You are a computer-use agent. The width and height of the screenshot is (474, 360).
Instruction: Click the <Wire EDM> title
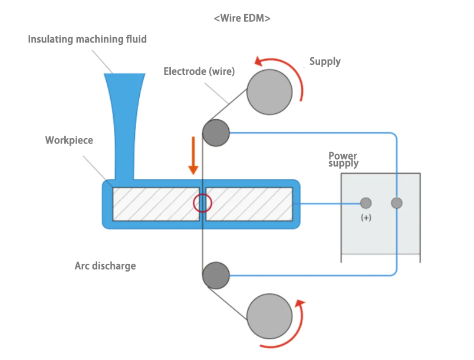pos(242,18)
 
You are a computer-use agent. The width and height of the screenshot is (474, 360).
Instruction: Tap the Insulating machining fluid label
pos(87,40)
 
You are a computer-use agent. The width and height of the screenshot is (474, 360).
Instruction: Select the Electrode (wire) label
pos(199,71)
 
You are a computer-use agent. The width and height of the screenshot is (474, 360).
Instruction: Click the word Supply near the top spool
pos(325,61)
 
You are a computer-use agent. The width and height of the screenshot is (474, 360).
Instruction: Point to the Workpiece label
pos(69,140)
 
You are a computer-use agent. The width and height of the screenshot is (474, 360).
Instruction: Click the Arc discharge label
pos(105,266)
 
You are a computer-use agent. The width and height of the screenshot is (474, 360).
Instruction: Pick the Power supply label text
pos(343,159)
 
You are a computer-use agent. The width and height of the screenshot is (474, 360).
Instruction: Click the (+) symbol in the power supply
pos(366,218)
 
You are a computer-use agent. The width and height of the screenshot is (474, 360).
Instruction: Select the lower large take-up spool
pos(269,317)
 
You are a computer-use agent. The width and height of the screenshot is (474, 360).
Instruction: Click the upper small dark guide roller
pos(216,133)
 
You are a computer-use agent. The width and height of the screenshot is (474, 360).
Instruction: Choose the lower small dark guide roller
pos(216,276)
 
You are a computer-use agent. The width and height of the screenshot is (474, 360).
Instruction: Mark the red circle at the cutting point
pos(202,204)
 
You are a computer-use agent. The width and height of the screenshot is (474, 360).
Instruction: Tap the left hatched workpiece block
pos(156,204)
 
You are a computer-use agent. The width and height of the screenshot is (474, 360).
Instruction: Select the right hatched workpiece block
pos(249,204)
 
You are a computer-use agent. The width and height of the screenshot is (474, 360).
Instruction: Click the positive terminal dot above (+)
pos(366,204)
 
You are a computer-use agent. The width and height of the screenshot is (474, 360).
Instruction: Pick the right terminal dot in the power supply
pos(397,204)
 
